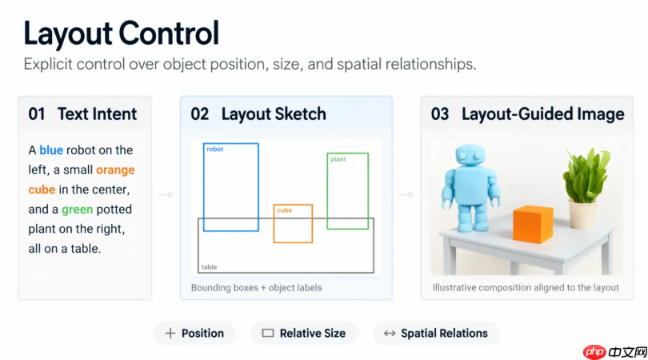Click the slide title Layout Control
click(x=121, y=34)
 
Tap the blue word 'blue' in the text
click(x=51, y=150)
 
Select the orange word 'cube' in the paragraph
click(x=42, y=190)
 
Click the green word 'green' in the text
click(x=78, y=210)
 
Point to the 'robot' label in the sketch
click(x=214, y=150)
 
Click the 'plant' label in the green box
click(x=338, y=159)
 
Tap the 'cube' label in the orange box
click(x=284, y=210)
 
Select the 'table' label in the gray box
click(x=209, y=267)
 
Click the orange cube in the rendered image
click(x=533, y=224)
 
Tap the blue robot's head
click(x=470, y=156)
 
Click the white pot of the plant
click(x=582, y=214)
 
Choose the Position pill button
click(x=194, y=333)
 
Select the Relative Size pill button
click(x=304, y=333)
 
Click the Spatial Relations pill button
click(x=436, y=333)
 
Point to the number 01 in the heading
click(x=37, y=114)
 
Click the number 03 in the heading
click(x=440, y=114)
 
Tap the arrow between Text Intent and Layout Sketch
click(x=166, y=194)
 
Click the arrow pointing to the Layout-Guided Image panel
click(x=406, y=194)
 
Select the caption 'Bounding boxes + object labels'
click(x=256, y=288)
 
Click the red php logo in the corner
click(x=594, y=352)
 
